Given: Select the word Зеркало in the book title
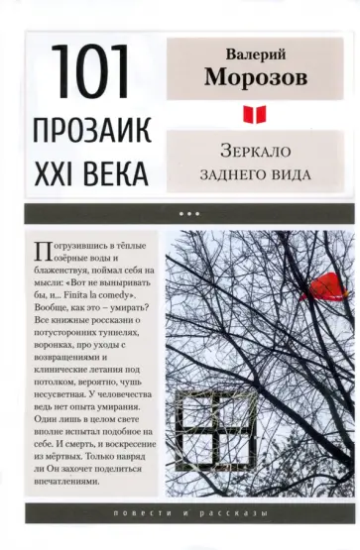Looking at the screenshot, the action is pos(256,154).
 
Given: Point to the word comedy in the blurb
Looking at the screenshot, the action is pos(139,293).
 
